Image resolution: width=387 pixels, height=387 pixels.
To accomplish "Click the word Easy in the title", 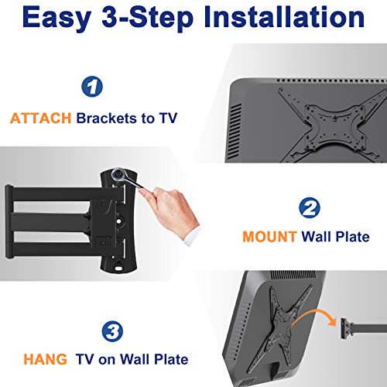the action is coord(57,18).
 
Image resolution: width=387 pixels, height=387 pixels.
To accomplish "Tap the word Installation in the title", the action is coord(284,16).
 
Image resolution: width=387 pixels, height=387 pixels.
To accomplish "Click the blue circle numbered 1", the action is coord(92,87).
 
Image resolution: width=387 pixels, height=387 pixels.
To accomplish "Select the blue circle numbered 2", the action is coord(310,207).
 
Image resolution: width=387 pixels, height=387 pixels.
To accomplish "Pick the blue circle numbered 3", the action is coord(112,331).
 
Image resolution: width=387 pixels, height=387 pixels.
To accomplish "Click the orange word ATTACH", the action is coord(40,118).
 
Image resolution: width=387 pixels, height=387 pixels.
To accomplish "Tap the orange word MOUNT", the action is coord(269,237).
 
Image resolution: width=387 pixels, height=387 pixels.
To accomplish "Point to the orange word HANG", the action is coord(45,359).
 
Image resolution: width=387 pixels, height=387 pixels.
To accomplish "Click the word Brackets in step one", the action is coord(107,118).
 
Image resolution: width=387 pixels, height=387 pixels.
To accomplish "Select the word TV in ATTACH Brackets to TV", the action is coord(168,118).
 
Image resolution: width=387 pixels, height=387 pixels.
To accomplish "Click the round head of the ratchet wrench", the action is coord(119,175).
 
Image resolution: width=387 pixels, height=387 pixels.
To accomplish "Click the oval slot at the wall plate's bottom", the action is coord(118,269).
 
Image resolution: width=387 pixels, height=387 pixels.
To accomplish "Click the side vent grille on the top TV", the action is coord(235,132).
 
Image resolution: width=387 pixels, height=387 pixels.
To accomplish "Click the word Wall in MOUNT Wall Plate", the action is coord(315,237).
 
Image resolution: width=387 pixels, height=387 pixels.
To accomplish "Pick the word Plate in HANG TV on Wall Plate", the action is coord(171,359).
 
